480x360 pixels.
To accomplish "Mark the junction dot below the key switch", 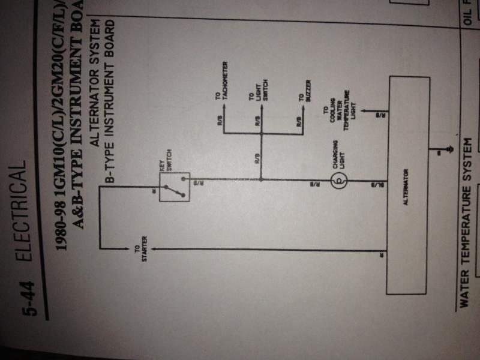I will tap(262, 179).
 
